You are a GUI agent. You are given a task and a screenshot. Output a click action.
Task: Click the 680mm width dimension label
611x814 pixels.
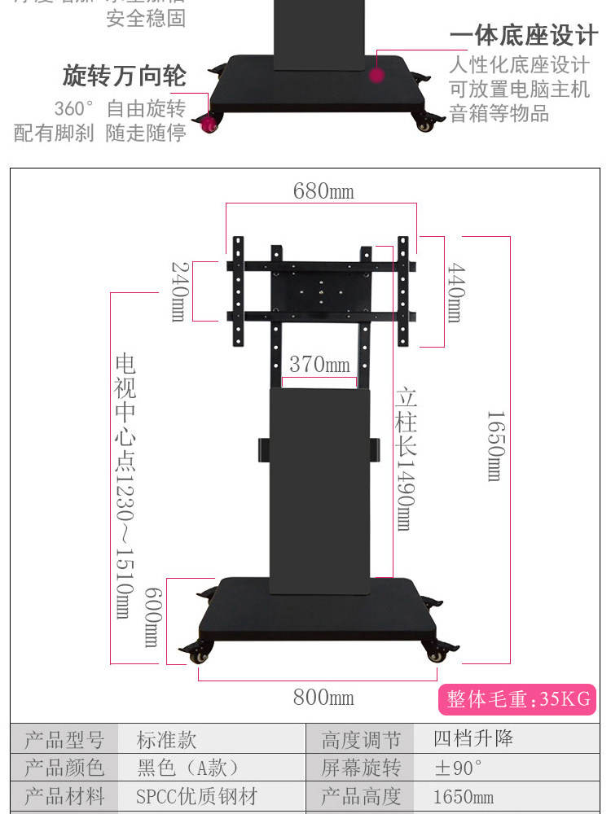click(x=323, y=191)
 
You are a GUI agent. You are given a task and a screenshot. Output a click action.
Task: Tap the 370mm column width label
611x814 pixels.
click(x=319, y=364)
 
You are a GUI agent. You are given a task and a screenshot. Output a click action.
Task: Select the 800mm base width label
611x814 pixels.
click(x=323, y=698)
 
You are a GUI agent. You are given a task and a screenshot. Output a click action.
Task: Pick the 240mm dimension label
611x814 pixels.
click(x=178, y=291)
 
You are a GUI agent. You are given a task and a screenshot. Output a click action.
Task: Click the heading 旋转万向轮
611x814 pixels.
click(x=125, y=77)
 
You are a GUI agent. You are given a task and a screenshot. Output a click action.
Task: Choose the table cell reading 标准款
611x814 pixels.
click(x=166, y=740)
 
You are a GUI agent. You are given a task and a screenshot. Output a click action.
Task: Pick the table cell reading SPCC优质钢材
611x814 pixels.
click(x=196, y=796)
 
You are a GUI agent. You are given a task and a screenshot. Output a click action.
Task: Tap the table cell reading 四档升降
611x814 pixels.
click(x=473, y=740)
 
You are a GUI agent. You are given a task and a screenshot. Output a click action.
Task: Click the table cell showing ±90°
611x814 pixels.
click(x=458, y=768)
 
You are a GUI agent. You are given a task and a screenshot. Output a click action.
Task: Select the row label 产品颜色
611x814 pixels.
click(x=64, y=768)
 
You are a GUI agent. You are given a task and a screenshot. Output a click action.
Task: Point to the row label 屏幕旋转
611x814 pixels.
click(x=361, y=768)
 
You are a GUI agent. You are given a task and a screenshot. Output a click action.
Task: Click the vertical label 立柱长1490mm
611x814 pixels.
click(x=406, y=460)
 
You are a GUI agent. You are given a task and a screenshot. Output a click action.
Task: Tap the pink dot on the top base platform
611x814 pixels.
click(x=376, y=75)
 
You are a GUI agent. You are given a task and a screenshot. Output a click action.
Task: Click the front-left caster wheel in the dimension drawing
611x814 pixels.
click(x=200, y=652)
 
